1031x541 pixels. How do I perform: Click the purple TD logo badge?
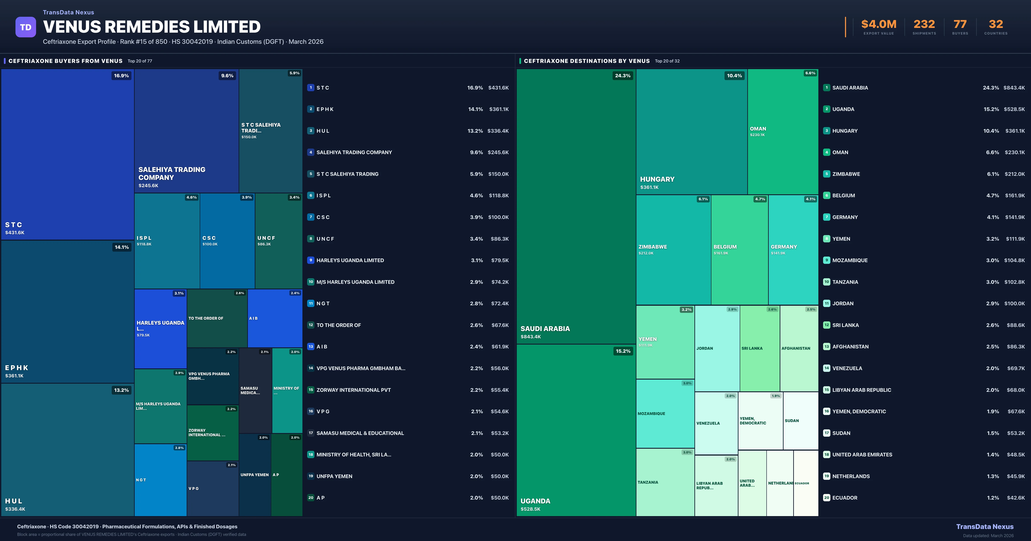pos(26,27)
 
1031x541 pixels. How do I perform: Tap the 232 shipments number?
pos(924,24)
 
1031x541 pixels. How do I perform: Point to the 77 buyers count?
pos(960,24)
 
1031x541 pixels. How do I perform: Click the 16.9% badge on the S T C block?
pos(121,76)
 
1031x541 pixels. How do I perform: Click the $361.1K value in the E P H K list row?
pos(499,109)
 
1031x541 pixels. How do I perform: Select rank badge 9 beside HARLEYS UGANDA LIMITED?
pos(311,260)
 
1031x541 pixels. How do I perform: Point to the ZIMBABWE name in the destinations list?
pos(846,174)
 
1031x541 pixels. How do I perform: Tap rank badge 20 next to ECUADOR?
pos(827,498)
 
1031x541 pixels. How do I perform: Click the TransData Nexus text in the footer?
pos(985,527)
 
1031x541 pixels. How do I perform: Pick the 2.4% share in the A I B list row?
pos(476,346)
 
